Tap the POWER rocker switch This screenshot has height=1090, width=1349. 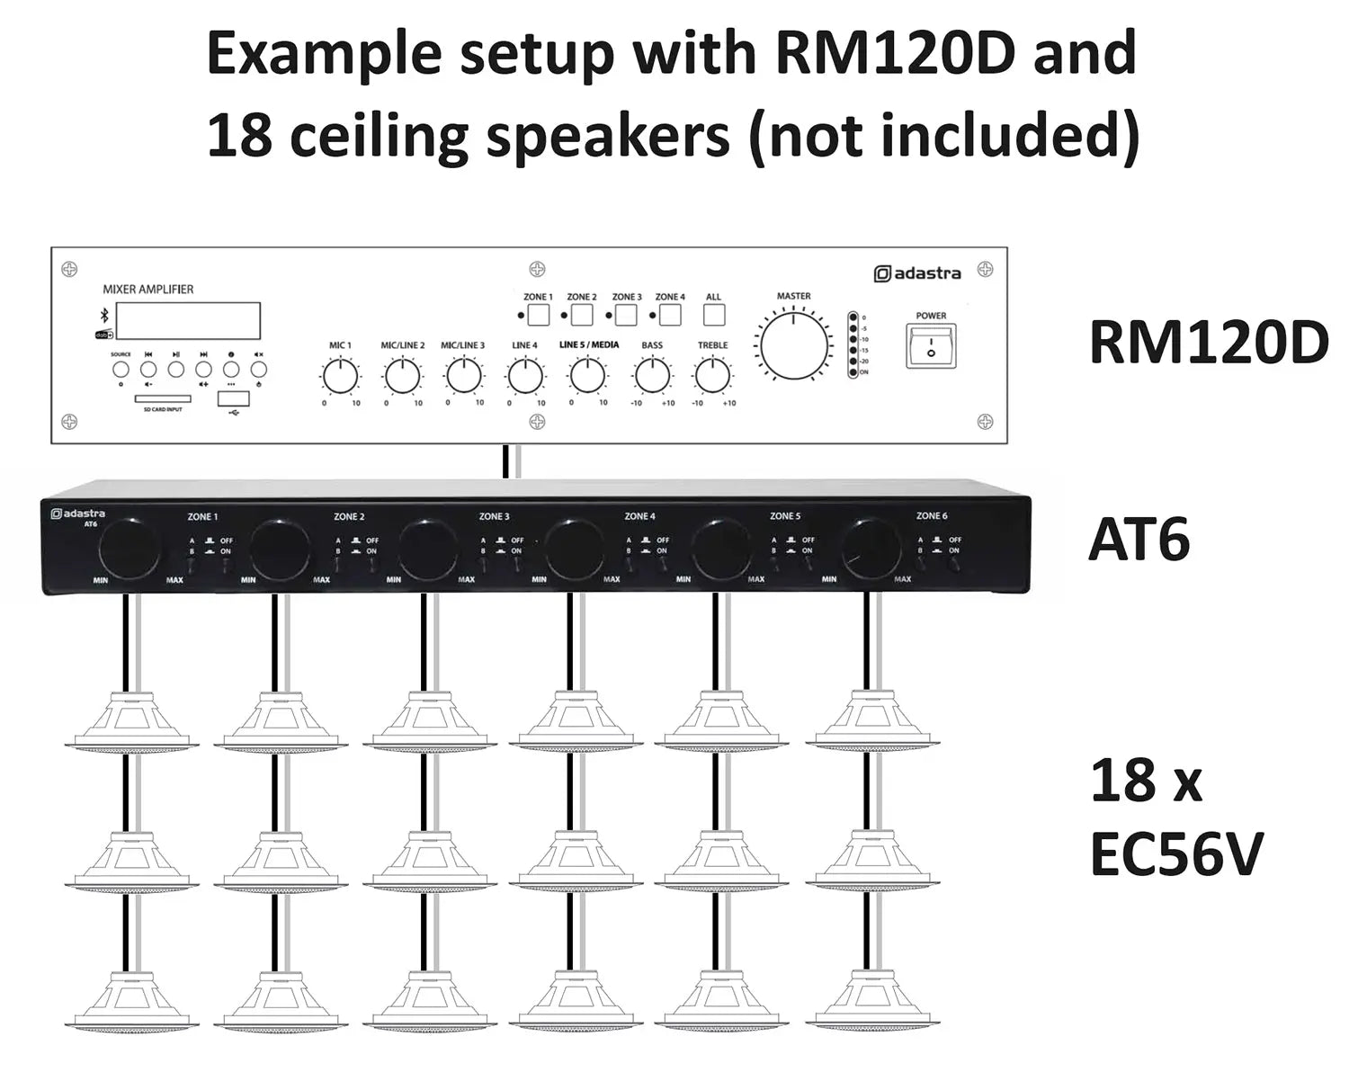point(931,345)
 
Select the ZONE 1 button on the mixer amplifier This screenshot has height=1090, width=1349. point(538,315)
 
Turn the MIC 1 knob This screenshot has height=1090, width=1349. point(340,376)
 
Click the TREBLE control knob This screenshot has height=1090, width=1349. point(712,376)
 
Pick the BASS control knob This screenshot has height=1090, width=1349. point(652,376)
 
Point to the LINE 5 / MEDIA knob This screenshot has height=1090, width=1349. point(587,376)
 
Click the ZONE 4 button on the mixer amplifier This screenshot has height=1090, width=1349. point(670,315)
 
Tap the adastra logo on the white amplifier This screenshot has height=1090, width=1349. point(918,273)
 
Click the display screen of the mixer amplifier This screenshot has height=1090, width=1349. point(188,321)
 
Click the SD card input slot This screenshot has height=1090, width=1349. point(162,398)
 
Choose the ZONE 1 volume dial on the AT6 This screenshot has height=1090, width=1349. point(129,547)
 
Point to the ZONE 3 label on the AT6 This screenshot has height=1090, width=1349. point(494,516)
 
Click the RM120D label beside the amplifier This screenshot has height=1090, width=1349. point(1208,344)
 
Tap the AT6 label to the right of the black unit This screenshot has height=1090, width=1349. point(1139,540)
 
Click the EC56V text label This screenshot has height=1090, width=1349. point(1176,853)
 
